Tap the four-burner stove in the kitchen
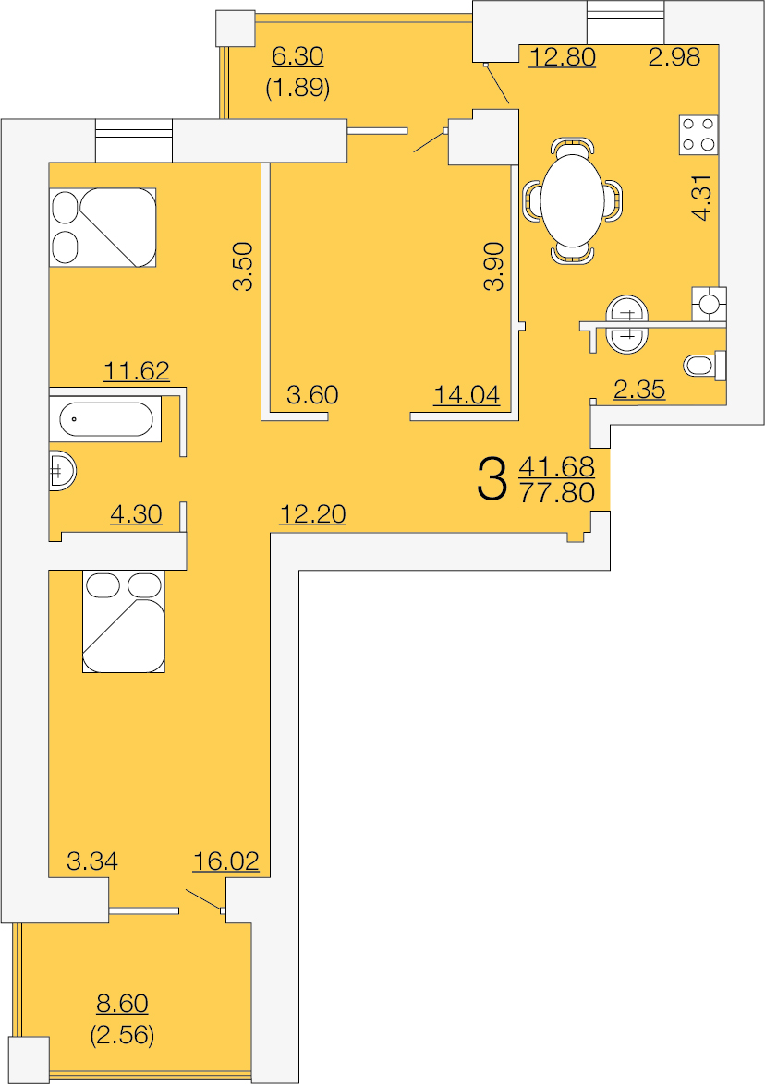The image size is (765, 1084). pos(698,135)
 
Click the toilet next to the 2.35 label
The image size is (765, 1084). pos(704,365)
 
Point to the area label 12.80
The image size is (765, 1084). pos(562,56)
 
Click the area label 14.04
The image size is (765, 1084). pos(467,395)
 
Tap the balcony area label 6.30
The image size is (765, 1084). pos(297,56)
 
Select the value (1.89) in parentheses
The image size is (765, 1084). pos(297,88)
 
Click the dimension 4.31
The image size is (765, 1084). pos(701,198)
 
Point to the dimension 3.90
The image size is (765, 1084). pos(494,266)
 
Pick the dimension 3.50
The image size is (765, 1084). pos(244,266)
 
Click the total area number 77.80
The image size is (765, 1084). pos(557,493)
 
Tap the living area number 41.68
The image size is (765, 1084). pos(557,466)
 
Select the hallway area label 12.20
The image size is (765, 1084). pos(312,513)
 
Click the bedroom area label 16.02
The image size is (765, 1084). pos(226,861)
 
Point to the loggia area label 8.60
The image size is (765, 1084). pos(123,1003)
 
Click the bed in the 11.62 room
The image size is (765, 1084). pos(103,227)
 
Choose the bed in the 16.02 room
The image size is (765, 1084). pos(124,621)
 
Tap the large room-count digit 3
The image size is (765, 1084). pos(492,480)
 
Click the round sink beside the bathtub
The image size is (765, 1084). pos(61,472)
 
